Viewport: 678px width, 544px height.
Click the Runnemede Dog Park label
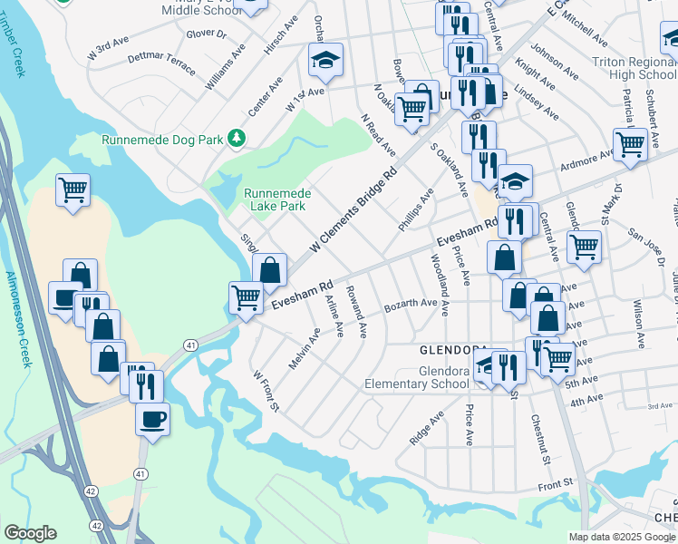(161, 141)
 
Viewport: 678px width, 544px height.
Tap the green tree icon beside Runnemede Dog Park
(237, 138)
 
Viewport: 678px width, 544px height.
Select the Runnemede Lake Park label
(276, 199)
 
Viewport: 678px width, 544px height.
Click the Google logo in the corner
(30, 533)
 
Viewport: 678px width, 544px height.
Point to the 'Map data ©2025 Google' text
(621, 537)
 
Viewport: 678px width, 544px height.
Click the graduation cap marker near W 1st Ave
(325, 62)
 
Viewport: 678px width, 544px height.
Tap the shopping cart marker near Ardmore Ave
(630, 143)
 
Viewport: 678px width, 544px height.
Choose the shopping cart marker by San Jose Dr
(585, 246)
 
